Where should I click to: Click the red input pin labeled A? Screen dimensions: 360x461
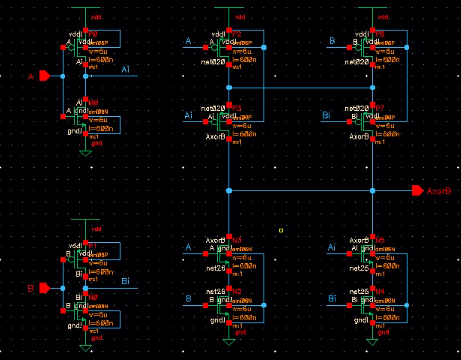click(x=44, y=76)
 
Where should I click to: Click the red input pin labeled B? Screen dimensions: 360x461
click(x=44, y=288)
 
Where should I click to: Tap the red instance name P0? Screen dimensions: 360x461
click(x=94, y=34)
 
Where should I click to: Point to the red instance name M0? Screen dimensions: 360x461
click(x=94, y=102)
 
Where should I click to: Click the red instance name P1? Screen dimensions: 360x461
click(x=93, y=246)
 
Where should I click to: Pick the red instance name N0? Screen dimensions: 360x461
click(x=93, y=297)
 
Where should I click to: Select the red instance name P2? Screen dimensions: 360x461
click(x=237, y=34)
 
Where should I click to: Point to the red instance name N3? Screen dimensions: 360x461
click(x=237, y=240)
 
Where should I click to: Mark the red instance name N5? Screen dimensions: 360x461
click(x=380, y=240)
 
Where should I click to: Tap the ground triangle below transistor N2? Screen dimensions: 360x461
click(x=229, y=342)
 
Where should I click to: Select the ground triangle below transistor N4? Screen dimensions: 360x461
click(x=372, y=342)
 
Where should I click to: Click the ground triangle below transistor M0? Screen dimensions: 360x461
click(x=86, y=153)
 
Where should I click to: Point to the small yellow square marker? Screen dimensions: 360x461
click(x=281, y=230)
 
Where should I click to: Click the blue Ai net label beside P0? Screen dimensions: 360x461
click(x=125, y=70)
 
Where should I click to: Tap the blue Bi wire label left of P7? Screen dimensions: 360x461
click(x=326, y=116)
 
